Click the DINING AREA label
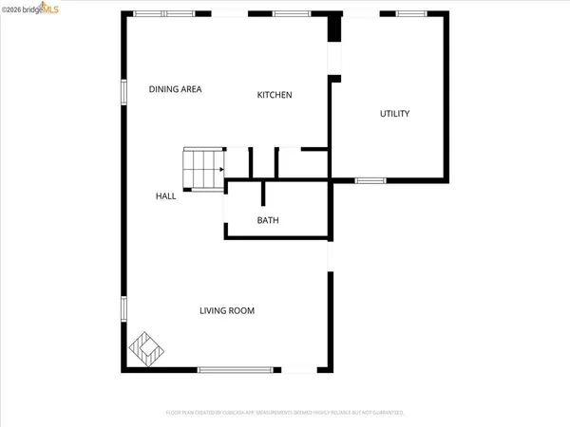coord(176,89)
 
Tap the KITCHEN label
coord(275,95)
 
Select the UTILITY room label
coord(394,114)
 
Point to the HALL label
coord(166,196)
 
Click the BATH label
coord(268,221)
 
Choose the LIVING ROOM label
coord(227,310)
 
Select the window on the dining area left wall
coord(123,91)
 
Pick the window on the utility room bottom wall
coord(368,179)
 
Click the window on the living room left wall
coord(123,310)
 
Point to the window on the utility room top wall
coord(410,13)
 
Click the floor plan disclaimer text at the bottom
coord(284,413)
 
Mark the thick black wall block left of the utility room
coord(333,28)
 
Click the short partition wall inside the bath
coord(261,193)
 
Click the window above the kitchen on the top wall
coord(289,13)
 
